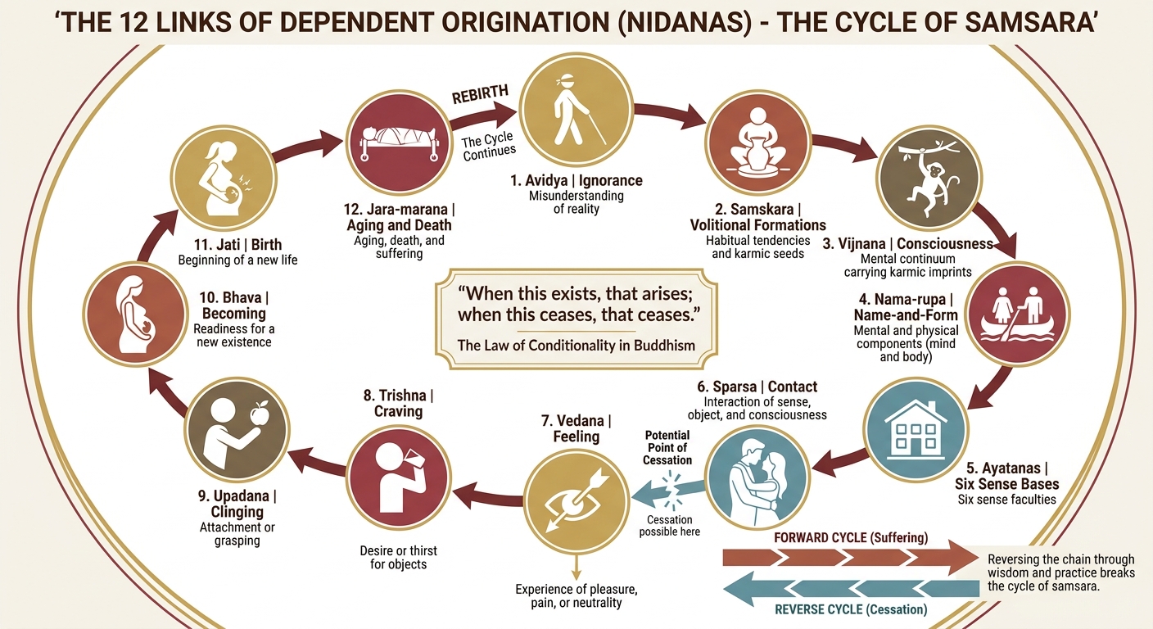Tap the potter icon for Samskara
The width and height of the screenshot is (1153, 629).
click(x=758, y=142)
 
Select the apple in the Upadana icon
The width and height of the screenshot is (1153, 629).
click(x=260, y=415)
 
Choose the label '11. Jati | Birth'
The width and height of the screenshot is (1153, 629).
click(x=237, y=243)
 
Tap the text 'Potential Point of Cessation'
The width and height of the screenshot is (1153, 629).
click(x=667, y=447)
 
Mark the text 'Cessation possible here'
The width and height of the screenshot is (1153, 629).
click(x=669, y=526)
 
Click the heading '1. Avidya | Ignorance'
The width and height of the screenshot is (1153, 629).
click(x=576, y=180)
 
